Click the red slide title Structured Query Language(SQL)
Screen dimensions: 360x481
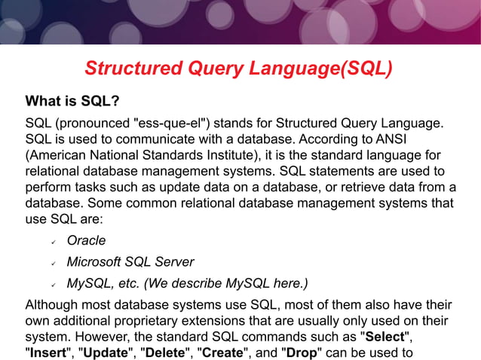(239, 69)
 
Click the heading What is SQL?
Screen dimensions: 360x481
(72, 101)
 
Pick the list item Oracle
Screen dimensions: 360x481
(86, 241)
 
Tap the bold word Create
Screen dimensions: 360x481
(222, 352)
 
